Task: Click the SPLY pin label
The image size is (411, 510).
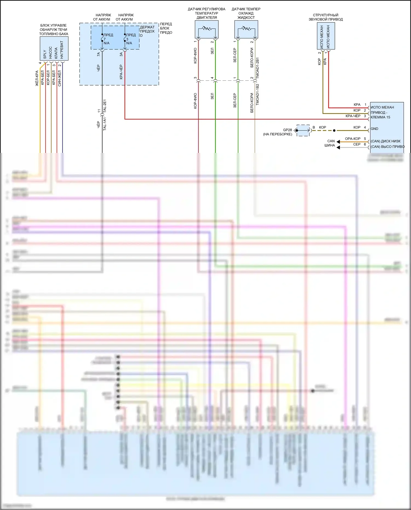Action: pos(45,54)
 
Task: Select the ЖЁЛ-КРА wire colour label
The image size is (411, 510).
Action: pos(37,78)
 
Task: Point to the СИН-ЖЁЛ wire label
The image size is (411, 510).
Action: pos(59,78)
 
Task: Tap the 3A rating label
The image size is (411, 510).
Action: pos(121,55)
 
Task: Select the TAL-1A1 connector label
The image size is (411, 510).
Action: pos(104,124)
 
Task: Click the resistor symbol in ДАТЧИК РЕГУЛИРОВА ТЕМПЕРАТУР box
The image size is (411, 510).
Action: pos(207,28)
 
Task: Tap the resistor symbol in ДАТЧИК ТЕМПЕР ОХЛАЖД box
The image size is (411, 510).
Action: pos(246,28)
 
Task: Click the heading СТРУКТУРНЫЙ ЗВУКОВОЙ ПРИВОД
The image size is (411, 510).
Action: pos(326,17)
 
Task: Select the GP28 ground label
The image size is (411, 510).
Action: pos(287,130)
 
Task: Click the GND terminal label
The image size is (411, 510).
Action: pos(374,129)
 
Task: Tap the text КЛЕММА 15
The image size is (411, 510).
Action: pos(380,117)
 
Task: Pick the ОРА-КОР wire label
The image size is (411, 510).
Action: pos(353,139)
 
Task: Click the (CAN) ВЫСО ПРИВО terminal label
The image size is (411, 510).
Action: pos(387,147)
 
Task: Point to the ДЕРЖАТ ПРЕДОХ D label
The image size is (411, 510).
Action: pos(147,31)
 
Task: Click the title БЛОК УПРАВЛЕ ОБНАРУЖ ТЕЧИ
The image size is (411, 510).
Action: pos(53,27)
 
